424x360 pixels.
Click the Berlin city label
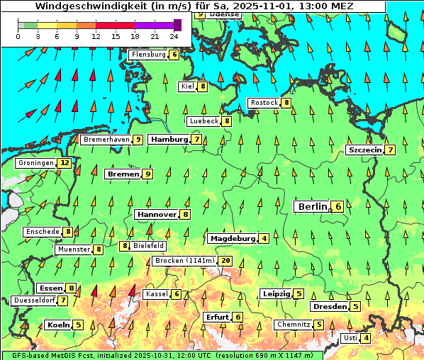[x=312, y=206]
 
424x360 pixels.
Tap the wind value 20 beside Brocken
[x=226, y=261]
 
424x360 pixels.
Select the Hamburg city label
[x=169, y=140]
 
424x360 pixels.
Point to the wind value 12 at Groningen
[x=65, y=163]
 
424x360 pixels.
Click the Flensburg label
[x=148, y=55]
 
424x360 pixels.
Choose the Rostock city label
[x=264, y=103]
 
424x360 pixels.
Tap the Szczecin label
[x=364, y=150]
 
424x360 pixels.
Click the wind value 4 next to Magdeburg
[x=264, y=239]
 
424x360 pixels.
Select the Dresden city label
[x=329, y=307]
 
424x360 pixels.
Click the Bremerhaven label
[x=106, y=140]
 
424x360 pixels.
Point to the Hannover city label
[x=157, y=214]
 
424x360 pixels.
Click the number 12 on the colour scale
[x=96, y=35]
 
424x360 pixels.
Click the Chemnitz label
[x=294, y=325]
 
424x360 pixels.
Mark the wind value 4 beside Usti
[x=366, y=338]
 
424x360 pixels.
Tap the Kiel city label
[x=187, y=86]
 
